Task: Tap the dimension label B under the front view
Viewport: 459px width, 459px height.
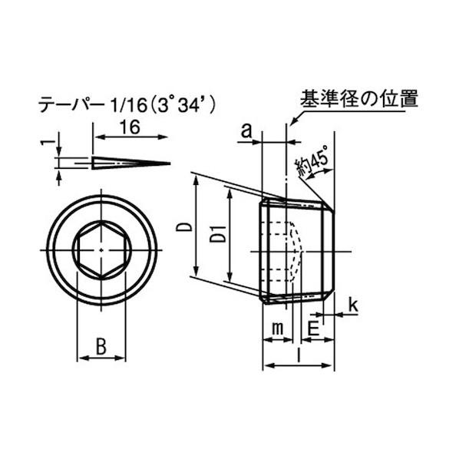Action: pos(101,346)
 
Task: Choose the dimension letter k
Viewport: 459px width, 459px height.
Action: pos(352,305)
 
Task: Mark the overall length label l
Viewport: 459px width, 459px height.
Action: pos(298,354)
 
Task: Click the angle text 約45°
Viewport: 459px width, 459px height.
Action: pos(314,162)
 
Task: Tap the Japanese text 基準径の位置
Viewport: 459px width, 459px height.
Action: pos(358,100)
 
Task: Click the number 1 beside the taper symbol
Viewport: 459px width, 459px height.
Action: pos(48,142)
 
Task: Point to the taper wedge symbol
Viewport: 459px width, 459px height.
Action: pos(130,163)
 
